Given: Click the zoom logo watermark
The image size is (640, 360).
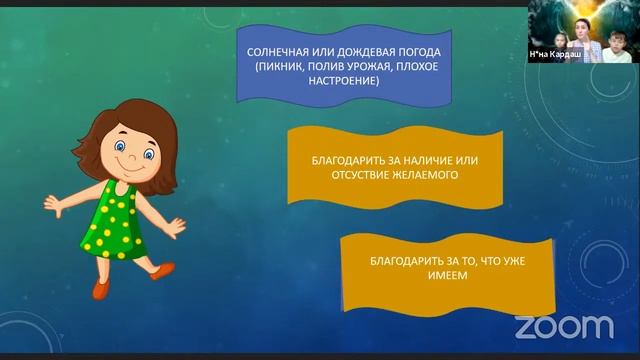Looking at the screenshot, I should tap(563, 326).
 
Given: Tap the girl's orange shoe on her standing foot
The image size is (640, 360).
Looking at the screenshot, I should tap(101, 287).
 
